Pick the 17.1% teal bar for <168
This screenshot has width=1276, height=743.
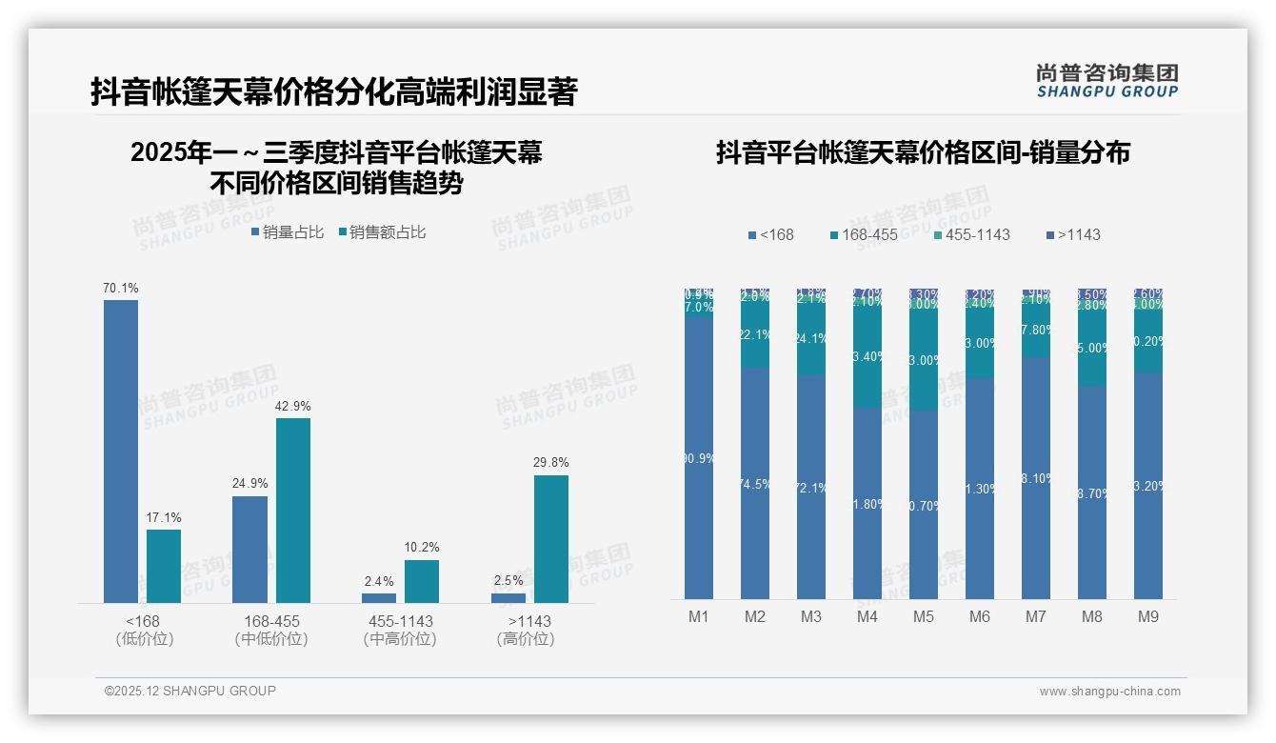pyautogui.click(x=164, y=566)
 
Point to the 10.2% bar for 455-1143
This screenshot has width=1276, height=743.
pyautogui.click(x=422, y=581)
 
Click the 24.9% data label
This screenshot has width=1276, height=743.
pyautogui.click(x=250, y=483)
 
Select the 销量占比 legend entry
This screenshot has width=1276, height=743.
pyautogui.click(x=287, y=232)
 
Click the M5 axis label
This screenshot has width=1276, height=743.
pyautogui.click(x=923, y=616)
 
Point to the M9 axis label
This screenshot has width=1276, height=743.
pyautogui.click(x=1148, y=616)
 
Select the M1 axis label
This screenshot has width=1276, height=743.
pyautogui.click(x=699, y=616)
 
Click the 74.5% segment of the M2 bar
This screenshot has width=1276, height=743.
pyautogui.click(x=755, y=484)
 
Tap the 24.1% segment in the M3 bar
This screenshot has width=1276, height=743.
pyautogui.click(x=811, y=339)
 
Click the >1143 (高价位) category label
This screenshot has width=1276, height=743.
pyautogui.click(x=526, y=630)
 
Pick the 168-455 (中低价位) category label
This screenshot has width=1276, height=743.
pyautogui.click(x=271, y=630)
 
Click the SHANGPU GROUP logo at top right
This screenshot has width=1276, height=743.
pyautogui.click(x=1107, y=81)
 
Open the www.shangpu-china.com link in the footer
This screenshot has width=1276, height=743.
pyautogui.click(x=1109, y=692)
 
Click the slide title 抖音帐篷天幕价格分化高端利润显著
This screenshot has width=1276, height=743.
pyautogui.click(x=334, y=91)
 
